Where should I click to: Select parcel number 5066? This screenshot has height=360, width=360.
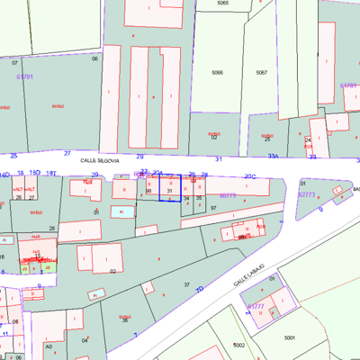(217, 72)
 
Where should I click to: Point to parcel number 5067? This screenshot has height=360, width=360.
(261, 72)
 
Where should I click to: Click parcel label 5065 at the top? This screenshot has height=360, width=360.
(222, 4)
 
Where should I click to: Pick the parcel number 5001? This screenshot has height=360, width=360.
(290, 337)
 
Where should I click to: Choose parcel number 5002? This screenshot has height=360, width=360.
(238, 345)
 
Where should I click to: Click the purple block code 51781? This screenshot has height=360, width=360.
(24, 76)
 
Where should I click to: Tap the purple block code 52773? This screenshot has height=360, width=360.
(306, 194)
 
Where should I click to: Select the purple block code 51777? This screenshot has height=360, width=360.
(256, 306)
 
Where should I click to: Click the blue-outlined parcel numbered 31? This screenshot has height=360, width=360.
(169, 191)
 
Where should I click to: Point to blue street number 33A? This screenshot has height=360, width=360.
(273, 156)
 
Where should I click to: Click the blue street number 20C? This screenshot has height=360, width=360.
(250, 176)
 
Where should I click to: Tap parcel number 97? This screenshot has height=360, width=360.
(213, 208)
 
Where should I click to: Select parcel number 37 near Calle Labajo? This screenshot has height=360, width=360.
(187, 284)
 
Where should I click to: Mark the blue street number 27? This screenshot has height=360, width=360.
(67, 154)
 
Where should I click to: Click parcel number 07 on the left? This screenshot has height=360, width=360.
(14, 63)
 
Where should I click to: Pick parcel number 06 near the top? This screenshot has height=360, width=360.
(94, 58)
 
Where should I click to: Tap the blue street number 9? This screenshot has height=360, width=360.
(320, 209)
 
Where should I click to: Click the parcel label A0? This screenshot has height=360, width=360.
(49, 346)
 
